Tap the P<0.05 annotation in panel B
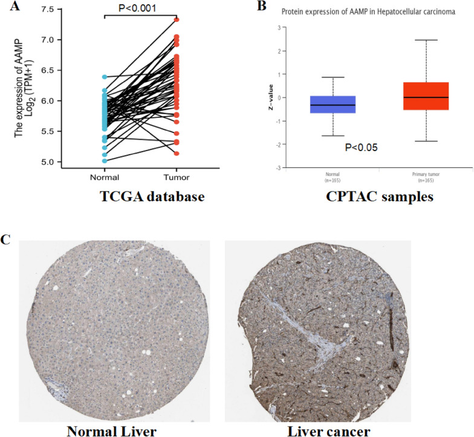[361, 147]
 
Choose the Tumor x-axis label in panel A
[177, 177]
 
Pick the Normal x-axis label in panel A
[104, 177]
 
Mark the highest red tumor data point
[177, 20]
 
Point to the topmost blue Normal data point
[104, 77]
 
